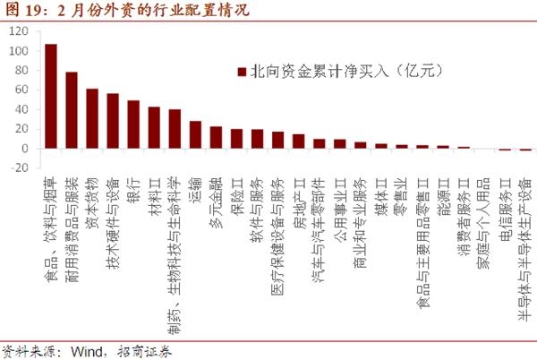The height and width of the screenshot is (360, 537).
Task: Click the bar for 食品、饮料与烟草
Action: pos(51,96)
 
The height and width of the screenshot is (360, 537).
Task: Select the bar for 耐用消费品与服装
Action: pos(72,110)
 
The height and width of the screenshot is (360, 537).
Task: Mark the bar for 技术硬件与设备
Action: pos(113,121)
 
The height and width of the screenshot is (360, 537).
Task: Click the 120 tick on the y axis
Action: pos(19,32)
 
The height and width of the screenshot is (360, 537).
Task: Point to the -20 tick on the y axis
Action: pos(19,167)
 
